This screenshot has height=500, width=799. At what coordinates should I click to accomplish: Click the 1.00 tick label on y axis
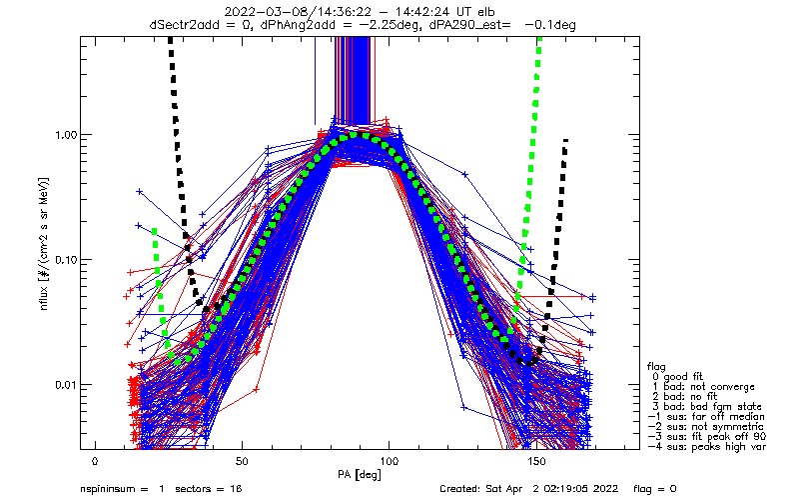coord(66,135)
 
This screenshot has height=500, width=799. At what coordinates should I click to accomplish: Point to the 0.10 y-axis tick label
coord(66,260)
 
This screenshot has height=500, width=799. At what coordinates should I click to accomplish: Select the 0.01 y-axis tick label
coord(66,385)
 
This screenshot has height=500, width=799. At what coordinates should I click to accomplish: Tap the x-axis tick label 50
coord(242,461)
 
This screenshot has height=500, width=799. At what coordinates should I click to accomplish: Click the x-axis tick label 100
coord(389,461)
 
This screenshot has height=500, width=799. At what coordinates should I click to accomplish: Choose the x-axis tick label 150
coord(536,461)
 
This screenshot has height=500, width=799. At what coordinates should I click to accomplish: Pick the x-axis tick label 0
coord(95,461)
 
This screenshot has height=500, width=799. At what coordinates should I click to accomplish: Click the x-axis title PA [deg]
coord(360,475)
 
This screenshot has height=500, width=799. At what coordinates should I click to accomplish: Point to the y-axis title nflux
coord(44,297)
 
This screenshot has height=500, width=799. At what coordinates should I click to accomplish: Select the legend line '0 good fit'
coord(678,377)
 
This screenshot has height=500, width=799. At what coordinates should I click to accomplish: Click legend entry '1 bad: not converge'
coord(703,387)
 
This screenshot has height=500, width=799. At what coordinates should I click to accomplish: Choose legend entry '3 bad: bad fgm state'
coord(707,407)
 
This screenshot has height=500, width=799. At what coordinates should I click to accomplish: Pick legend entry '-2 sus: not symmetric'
coord(706,427)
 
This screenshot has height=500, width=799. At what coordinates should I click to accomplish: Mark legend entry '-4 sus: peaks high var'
coord(707,447)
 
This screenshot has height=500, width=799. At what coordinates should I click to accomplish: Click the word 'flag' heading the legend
coord(656,366)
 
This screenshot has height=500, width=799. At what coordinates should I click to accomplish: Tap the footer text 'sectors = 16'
coord(209,489)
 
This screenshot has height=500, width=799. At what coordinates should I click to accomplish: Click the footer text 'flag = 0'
coord(655,489)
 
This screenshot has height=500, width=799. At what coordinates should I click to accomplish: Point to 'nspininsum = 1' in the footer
coord(122,489)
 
